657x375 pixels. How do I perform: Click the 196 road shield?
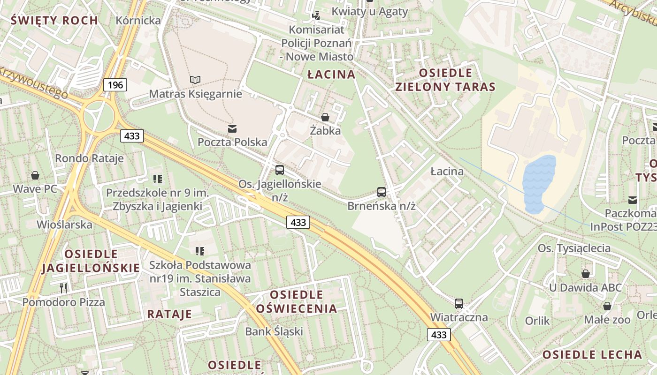[115, 85]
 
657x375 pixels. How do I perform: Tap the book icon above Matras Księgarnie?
[195, 80]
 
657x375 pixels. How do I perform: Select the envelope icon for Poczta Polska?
[232, 128]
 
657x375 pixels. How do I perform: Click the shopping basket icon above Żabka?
[325, 117]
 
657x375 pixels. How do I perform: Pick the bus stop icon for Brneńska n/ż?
[382, 192]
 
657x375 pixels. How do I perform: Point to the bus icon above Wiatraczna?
[458, 304]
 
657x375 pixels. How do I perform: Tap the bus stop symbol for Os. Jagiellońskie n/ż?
[280, 170]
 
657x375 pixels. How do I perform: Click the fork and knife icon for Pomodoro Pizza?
[63, 287]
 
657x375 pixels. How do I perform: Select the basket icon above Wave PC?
[35, 176]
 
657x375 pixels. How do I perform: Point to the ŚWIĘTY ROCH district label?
[54, 20]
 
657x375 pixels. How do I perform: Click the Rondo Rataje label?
[89, 158]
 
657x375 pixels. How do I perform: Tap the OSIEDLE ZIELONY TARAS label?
[445, 80]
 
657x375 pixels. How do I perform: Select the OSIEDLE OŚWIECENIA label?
[297, 301]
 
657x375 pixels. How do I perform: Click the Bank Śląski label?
[274, 331]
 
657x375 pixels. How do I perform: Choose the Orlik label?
[537, 321]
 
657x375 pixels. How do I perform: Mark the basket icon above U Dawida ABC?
[585, 274]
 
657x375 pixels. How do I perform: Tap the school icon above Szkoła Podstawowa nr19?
[199, 251]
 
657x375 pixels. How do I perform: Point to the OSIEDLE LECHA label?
[592, 354]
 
